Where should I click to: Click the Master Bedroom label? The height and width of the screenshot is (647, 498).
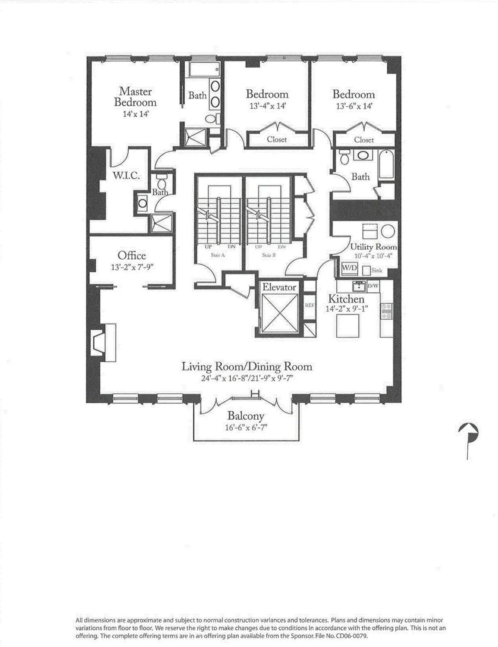[x=135, y=97]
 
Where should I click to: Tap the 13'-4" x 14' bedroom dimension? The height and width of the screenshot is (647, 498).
[x=268, y=106]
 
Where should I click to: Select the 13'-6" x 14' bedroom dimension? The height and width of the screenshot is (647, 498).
[x=354, y=106]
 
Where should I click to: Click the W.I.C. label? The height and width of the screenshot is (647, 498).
[x=126, y=176]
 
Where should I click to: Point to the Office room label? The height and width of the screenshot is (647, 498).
[x=132, y=255]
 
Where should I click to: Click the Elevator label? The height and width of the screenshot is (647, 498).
[x=279, y=287]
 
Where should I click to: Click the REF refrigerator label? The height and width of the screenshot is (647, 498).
[x=310, y=305]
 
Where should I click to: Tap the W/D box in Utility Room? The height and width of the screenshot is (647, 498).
[x=349, y=268]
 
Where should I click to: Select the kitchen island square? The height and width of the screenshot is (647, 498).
[x=348, y=325]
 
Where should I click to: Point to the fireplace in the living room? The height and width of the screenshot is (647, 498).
[x=100, y=342]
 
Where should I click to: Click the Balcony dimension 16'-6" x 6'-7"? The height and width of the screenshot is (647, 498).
[x=246, y=428]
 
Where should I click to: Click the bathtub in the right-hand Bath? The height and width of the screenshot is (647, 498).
[x=386, y=164]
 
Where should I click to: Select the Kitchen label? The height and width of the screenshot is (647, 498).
[x=346, y=299]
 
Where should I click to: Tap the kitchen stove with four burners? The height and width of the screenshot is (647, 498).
[x=386, y=311]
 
